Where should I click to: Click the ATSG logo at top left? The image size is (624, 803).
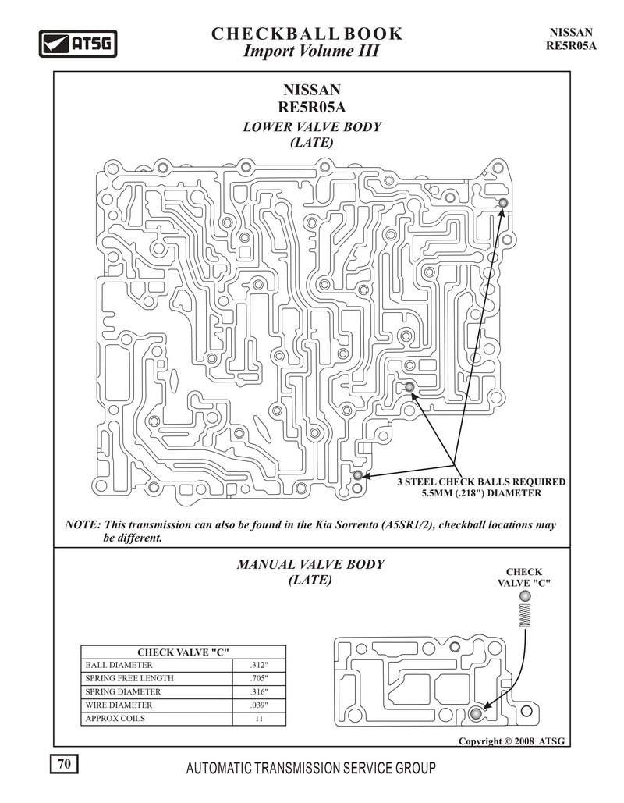(x=78, y=44)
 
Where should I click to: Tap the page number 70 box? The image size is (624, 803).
(x=64, y=764)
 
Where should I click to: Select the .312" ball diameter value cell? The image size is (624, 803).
(x=259, y=665)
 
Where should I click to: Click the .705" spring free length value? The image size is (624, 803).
(x=259, y=679)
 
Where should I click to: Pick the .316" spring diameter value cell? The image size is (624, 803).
(x=259, y=692)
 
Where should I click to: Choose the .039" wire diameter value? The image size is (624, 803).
(x=259, y=705)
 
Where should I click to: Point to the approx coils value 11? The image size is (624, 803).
(x=259, y=719)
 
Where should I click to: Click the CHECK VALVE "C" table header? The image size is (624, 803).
(x=183, y=652)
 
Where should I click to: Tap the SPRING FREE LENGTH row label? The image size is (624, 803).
(x=129, y=679)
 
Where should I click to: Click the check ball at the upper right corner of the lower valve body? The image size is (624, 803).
(x=502, y=204)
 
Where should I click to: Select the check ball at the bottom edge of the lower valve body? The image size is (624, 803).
(x=358, y=474)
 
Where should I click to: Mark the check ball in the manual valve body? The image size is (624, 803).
(x=476, y=713)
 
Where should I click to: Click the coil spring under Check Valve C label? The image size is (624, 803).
(x=525, y=615)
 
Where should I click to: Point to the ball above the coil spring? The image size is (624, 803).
(x=525, y=596)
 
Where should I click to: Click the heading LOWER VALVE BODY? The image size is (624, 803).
(x=312, y=126)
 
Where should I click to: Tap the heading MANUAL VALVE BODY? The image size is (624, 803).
(x=310, y=564)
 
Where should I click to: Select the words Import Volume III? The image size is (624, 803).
(x=311, y=52)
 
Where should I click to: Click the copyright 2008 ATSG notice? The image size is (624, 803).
(x=512, y=741)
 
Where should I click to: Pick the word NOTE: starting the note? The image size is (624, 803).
(x=82, y=525)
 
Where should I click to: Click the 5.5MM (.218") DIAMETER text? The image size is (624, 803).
(x=481, y=493)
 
